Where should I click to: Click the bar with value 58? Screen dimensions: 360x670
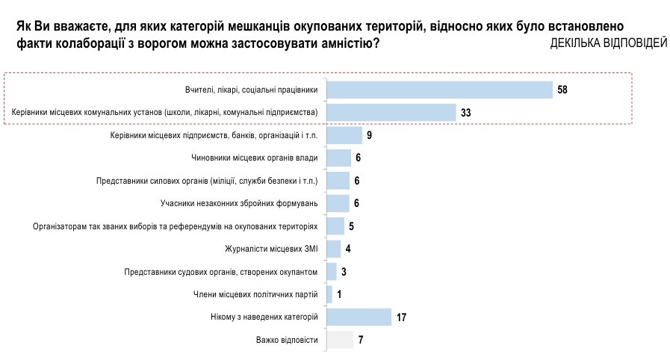pyautogui.click(x=440, y=90)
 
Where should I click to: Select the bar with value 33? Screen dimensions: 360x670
pyautogui.click(x=392, y=112)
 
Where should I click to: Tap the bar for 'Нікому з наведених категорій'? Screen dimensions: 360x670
pyautogui.click(x=360, y=317)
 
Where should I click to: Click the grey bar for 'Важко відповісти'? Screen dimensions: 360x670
pyautogui.click(x=341, y=340)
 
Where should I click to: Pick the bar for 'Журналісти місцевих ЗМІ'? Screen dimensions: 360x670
pyautogui.click(x=335, y=249)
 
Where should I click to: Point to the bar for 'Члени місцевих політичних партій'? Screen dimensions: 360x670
pyautogui.click(x=330, y=294)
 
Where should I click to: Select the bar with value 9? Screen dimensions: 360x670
pyautogui.click(x=345, y=135)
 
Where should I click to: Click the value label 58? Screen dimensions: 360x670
pyautogui.click(x=562, y=90)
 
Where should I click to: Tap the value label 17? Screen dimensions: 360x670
pyautogui.click(x=401, y=317)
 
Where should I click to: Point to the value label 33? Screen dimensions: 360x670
pyautogui.click(x=466, y=113)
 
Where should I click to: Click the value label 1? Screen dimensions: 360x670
pyautogui.click(x=339, y=294)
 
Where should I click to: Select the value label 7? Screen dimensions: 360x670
pyautogui.click(x=361, y=340)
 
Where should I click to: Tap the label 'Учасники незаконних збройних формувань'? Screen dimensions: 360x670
pyautogui.click(x=240, y=203)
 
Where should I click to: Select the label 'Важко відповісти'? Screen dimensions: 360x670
pyautogui.click(x=287, y=340)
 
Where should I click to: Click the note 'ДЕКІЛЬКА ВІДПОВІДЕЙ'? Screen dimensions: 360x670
pyautogui.click(x=608, y=44)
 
